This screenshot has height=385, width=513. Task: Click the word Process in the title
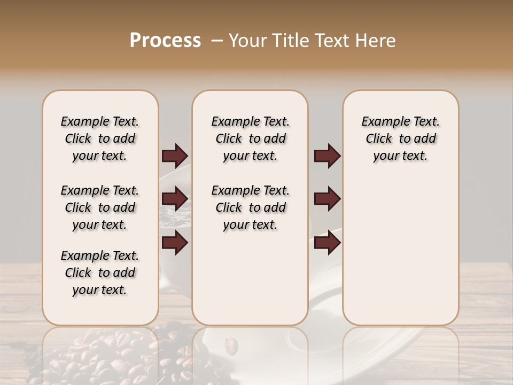(x=165, y=41)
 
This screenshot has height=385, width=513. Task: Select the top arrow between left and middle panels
(x=175, y=156)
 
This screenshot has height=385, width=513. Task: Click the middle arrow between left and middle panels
(x=175, y=199)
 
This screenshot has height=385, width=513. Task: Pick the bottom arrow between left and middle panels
(x=175, y=243)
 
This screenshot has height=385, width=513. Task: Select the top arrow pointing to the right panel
(x=327, y=156)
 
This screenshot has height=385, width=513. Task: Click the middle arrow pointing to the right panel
(x=327, y=199)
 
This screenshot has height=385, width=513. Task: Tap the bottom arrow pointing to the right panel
(x=327, y=243)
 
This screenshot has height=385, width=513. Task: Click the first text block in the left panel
(x=100, y=138)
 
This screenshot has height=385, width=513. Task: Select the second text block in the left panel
(x=100, y=207)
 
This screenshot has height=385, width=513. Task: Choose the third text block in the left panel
(x=100, y=273)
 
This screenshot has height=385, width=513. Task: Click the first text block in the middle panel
(x=250, y=138)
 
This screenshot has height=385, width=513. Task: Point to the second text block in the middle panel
(x=250, y=207)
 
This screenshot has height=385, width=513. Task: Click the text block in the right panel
(x=400, y=138)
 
